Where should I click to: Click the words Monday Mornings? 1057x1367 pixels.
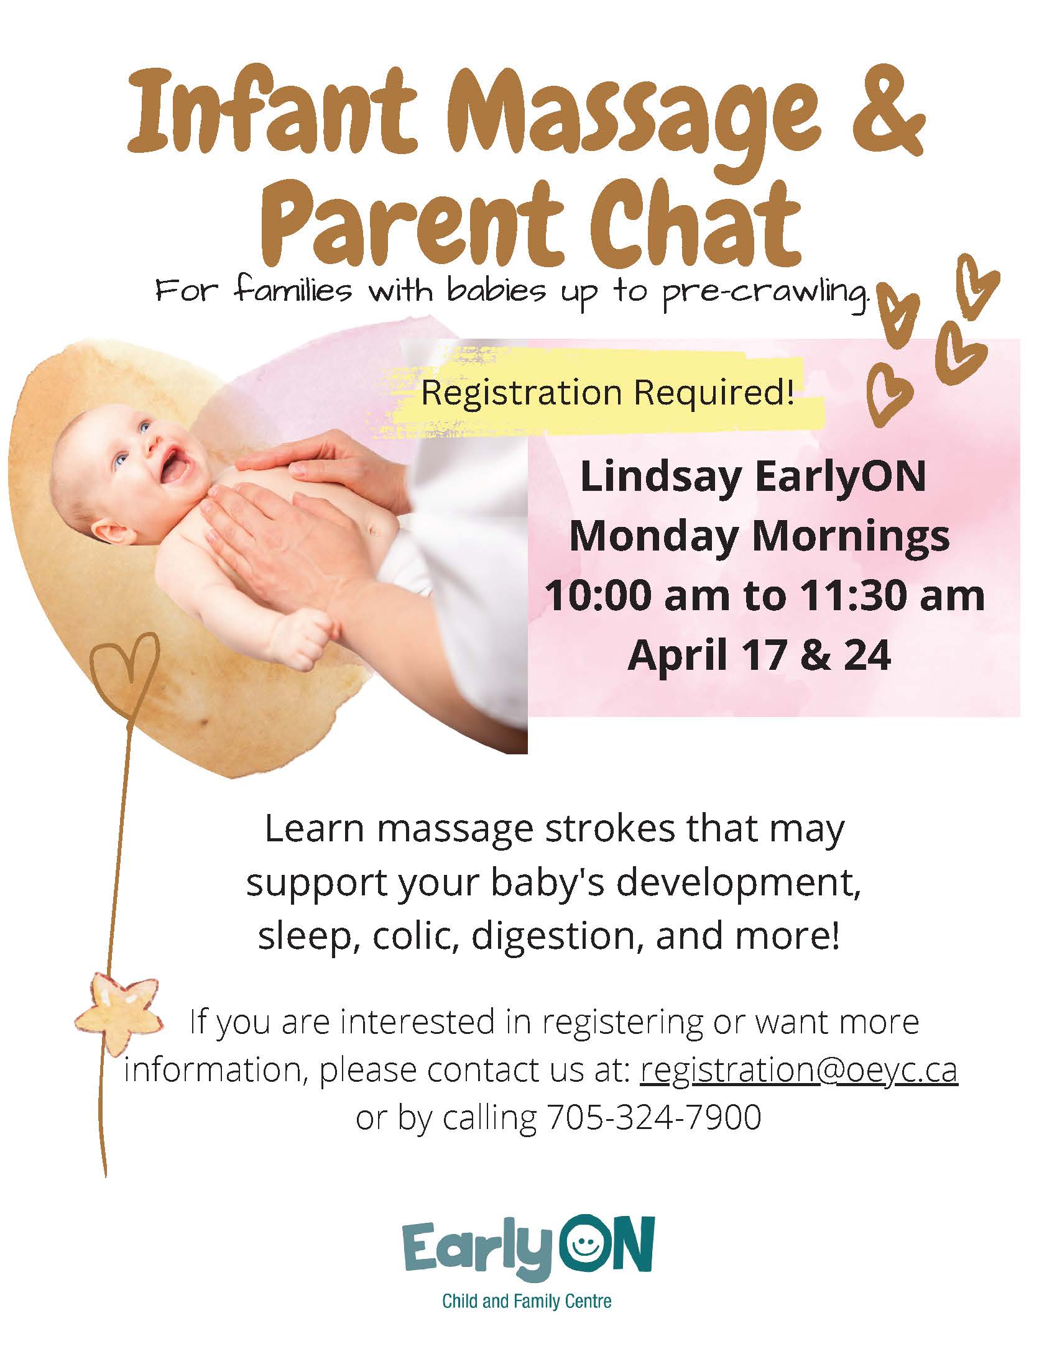point(759,537)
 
